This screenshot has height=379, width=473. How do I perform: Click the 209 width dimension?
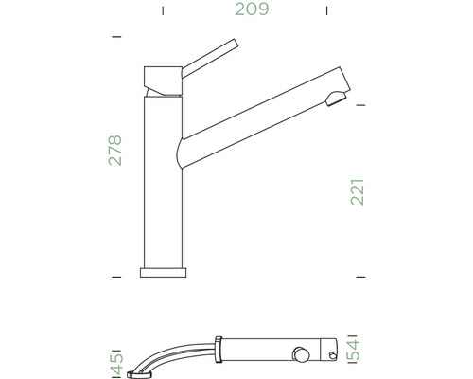pos(251,10)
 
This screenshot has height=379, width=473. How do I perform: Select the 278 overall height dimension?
pos(115,150)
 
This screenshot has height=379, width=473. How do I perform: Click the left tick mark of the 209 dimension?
pos(163,11)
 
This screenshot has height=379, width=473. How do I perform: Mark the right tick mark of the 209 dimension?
pos(326,11)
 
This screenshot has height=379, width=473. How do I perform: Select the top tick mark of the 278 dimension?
pos(116,36)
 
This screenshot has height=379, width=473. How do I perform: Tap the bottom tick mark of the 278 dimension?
pos(116,276)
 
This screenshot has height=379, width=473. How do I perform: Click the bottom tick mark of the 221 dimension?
pos(360,276)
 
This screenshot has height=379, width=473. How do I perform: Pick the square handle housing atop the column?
pos(162,80)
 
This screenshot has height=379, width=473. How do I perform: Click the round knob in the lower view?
pos(301,354)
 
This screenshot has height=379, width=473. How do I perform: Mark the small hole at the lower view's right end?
pos(333,356)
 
